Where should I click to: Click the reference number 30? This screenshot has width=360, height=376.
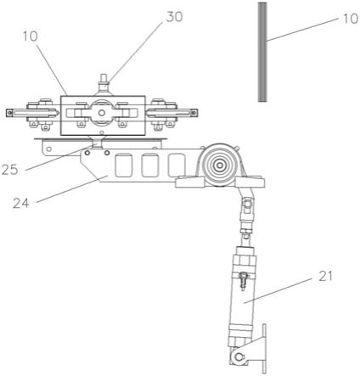tap(174, 17)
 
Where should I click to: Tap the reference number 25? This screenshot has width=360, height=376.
tap(10, 170)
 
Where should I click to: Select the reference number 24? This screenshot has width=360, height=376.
tap(21, 203)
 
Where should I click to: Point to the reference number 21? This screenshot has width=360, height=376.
tap(325, 276)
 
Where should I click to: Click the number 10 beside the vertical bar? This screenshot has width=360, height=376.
tap(351, 19)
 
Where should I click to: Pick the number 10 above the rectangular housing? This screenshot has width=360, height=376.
tap(30, 36)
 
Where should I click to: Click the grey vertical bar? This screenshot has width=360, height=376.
tap(262, 52)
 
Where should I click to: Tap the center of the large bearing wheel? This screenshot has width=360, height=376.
tap(219, 165)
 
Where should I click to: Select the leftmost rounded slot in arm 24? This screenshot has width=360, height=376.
tap(124, 166)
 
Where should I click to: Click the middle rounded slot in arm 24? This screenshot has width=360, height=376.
tap(149, 166)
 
